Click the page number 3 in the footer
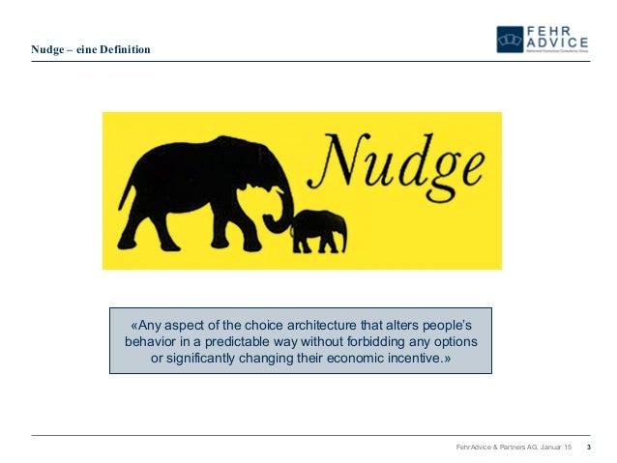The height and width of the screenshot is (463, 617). click(x=589, y=447)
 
